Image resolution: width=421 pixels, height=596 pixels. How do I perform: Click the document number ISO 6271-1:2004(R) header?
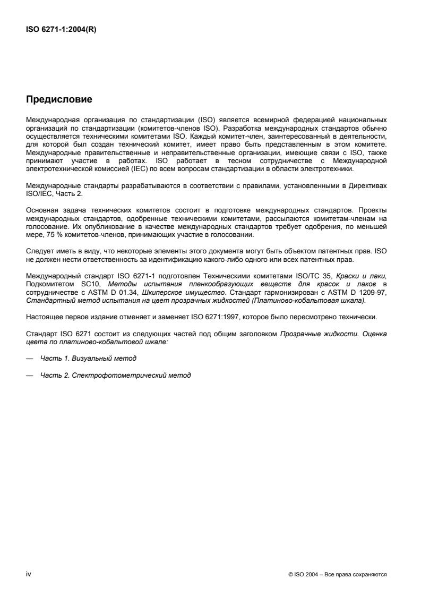coord(62,30)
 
